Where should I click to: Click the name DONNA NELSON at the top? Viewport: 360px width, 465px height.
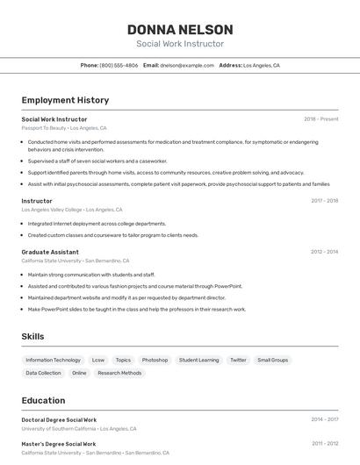[x=179, y=29]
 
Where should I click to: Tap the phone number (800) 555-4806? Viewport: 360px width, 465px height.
[x=119, y=65]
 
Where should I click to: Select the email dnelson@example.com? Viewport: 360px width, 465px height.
[x=188, y=65]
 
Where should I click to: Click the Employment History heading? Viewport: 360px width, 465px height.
[x=65, y=100]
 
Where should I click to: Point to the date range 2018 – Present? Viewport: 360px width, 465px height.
[x=320, y=118]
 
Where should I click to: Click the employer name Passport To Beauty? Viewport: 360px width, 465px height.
[x=44, y=127]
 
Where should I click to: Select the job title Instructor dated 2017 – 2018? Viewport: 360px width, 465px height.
[x=37, y=200]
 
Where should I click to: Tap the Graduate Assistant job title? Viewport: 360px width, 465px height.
[x=50, y=252]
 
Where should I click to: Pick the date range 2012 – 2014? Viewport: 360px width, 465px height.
[x=324, y=252]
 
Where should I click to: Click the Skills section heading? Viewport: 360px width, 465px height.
[x=33, y=336]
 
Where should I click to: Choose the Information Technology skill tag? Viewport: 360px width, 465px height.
[x=53, y=360]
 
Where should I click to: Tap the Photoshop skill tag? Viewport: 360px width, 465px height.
[x=155, y=360]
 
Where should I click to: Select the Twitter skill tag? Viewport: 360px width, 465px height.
[x=238, y=360]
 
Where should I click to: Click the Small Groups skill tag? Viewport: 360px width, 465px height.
[x=272, y=360]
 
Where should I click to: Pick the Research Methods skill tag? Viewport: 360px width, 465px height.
[x=119, y=373]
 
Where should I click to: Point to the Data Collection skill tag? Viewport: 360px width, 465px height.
[x=43, y=373]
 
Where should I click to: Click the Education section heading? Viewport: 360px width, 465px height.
[x=43, y=400]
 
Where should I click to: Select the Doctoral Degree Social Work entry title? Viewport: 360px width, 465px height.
[x=59, y=420]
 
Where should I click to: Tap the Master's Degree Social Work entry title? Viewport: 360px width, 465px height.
[x=59, y=444]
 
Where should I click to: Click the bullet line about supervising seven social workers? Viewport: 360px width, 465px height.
[x=97, y=161]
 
